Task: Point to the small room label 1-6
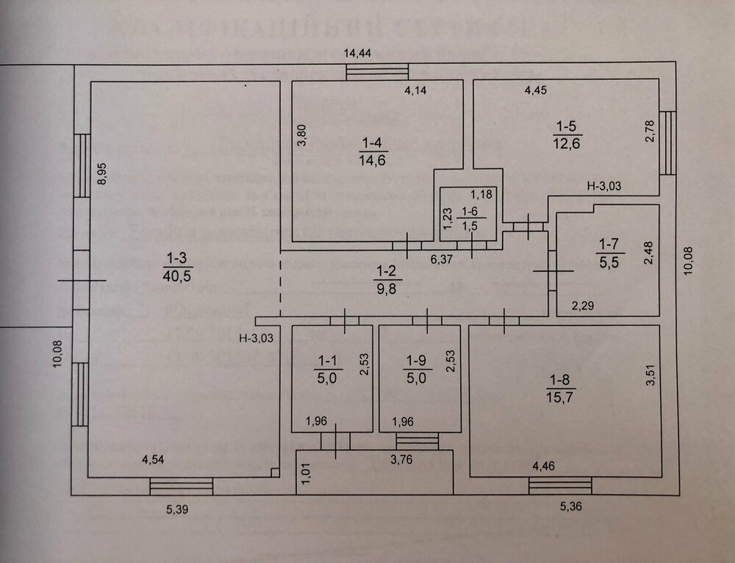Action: pyautogui.click(x=469, y=218)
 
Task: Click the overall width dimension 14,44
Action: pyautogui.click(x=359, y=52)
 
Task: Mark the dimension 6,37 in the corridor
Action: pyautogui.click(x=441, y=258)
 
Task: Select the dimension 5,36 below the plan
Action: pyautogui.click(x=569, y=507)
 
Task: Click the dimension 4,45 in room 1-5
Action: pyautogui.click(x=537, y=91)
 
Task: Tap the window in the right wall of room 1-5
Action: pyautogui.click(x=667, y=143)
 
